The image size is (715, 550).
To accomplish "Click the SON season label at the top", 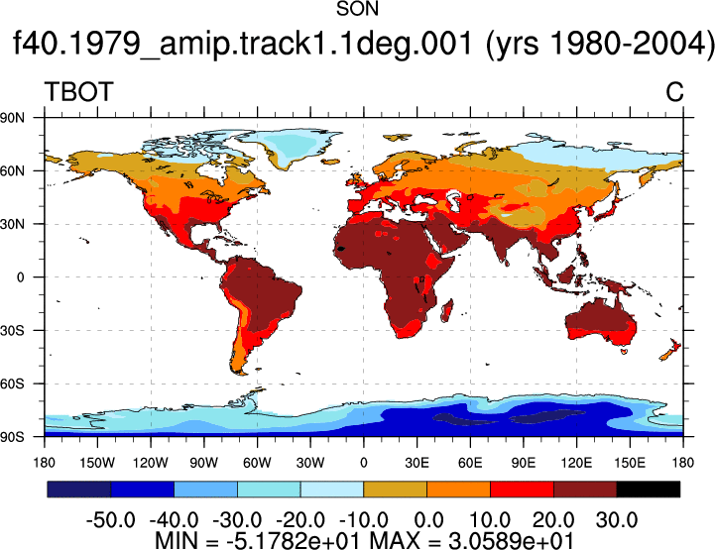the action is point(357,9).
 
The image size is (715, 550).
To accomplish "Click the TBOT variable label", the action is point(78,91).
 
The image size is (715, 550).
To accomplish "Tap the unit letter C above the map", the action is point(674,91).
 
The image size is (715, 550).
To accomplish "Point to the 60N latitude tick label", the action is point(12,170).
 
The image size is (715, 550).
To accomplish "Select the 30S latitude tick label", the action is point(12,330).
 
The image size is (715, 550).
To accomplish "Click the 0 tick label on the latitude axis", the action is point(20,277).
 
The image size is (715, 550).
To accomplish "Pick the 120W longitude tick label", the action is point(151,463).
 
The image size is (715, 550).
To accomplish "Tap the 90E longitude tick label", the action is point(523,463).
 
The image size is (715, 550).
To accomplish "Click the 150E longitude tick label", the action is point(630,463).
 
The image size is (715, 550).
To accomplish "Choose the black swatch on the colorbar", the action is point(648,489).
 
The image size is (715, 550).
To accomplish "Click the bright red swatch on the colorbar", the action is point(522,489).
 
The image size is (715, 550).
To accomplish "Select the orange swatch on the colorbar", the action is point(458,489).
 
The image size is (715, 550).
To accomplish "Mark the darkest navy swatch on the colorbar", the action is point(79,489).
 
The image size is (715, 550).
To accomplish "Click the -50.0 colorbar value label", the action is point(110,519).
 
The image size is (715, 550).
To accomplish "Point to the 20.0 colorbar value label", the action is point(553,519).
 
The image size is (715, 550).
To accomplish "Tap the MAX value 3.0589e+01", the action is point(511,541).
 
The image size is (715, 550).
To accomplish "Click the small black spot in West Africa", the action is point(340,249).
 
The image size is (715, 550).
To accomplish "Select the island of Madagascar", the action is point(447,310).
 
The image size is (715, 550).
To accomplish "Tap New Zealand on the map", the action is point(670,350).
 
